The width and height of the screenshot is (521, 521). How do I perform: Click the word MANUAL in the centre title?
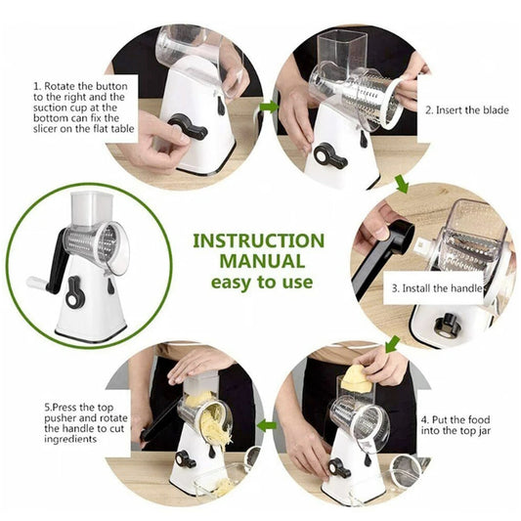coord(259,261)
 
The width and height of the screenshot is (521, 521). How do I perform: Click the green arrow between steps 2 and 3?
coord(401,183)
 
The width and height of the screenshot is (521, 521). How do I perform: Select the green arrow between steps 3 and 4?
coord(392,344)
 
